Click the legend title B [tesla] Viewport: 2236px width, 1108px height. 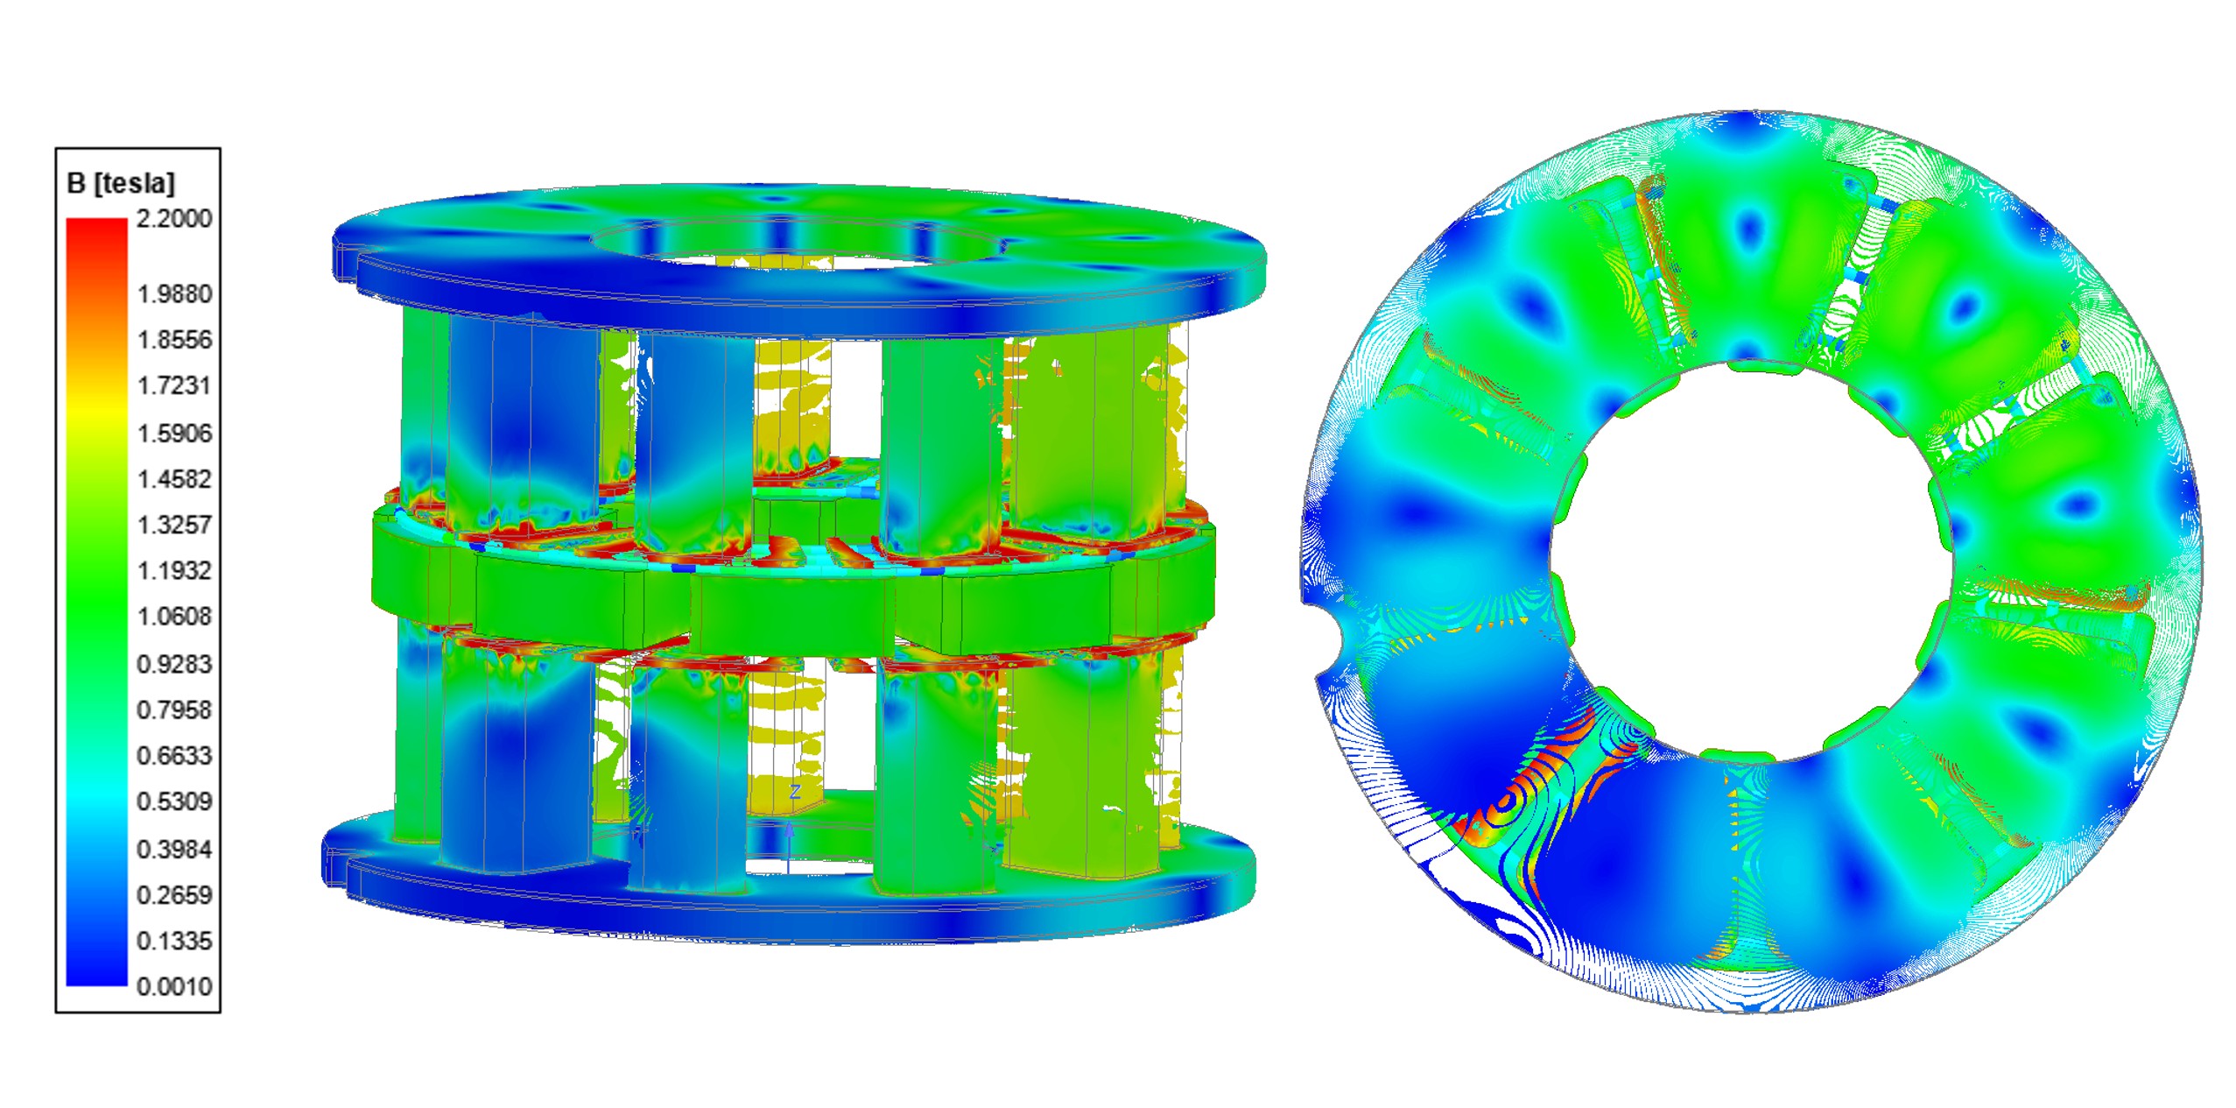121,183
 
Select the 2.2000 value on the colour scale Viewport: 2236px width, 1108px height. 174,218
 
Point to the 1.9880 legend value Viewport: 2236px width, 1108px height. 174,293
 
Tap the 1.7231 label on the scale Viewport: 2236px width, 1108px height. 174,385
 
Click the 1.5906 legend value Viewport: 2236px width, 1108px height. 174,433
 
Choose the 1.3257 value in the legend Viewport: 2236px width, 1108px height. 174,525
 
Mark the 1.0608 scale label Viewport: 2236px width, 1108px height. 174,617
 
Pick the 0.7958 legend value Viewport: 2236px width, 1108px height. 174,709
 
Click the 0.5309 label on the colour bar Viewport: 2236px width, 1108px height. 174,801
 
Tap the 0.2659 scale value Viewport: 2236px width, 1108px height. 174,895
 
